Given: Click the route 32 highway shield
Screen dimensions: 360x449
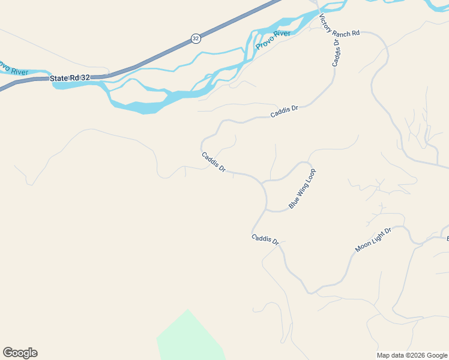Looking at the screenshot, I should (196, 38).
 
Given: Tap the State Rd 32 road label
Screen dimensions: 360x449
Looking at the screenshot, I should (70, 77).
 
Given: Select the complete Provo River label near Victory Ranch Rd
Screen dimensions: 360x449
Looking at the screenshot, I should (273, 40).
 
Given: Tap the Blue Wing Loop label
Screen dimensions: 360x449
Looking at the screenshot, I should (302, 188).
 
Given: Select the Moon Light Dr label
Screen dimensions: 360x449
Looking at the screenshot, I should (373, 239).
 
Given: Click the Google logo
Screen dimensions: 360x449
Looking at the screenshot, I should (20, 353).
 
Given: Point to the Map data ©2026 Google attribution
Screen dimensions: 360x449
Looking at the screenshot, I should (412, 355).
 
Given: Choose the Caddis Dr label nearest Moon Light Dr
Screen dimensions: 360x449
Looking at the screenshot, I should (265, 239).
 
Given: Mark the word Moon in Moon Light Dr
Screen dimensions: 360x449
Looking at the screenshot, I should (362, 246).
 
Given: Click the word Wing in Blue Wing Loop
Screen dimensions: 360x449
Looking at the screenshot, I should (302, 188).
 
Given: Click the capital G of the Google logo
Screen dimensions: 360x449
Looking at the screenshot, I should (7, 352).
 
